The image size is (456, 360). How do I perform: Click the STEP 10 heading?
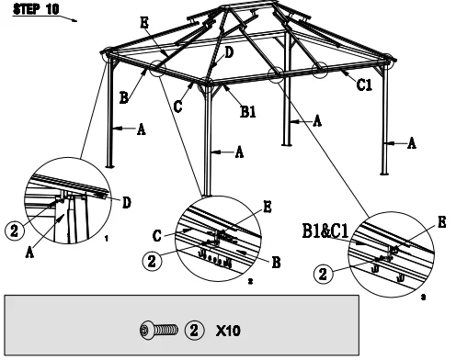[36, 9]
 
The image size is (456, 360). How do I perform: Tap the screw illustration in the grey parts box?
[159, 330]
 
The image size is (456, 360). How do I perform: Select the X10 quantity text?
[228, 331]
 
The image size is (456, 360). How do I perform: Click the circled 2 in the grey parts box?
[194, 331]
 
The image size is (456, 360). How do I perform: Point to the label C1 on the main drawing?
[364, 84]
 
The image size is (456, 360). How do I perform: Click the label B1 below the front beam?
[248, 111]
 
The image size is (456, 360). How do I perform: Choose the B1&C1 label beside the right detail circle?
[325, 231]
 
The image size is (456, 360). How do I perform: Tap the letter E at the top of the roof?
[144, 22]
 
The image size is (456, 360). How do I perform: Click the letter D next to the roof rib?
[229, 52]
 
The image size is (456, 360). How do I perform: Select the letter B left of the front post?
[123, 98]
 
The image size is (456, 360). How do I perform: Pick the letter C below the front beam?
[177, 107]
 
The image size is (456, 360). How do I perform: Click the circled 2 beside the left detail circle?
[15, 231]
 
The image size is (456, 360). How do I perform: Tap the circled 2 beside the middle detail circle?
[152, 261]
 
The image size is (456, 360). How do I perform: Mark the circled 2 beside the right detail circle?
[323, 274]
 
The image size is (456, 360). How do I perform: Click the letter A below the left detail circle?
[29, 253]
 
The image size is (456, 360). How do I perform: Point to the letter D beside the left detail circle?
[127, 203]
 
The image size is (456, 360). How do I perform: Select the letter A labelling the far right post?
[412, 143]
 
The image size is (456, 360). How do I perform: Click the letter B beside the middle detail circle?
[276, 263]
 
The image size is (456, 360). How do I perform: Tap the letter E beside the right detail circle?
[441, 222]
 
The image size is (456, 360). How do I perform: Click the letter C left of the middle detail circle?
[156, 236]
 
